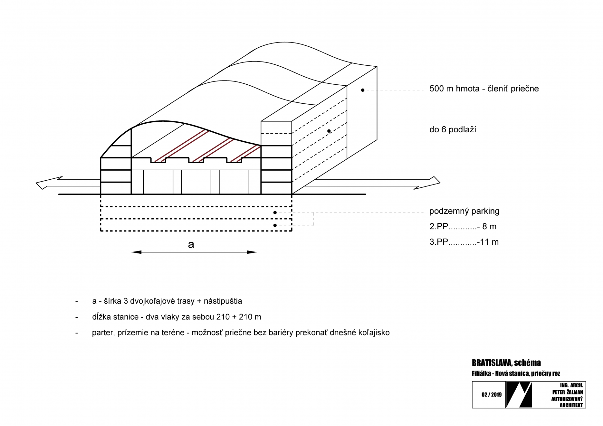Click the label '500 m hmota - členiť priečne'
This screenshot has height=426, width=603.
pos(484,89)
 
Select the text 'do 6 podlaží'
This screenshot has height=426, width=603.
pos(453,129)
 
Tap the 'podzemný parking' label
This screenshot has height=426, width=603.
pos(464,211)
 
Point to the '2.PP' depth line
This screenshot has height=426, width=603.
pos(463,226)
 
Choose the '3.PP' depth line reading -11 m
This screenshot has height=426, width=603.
pos(464,242)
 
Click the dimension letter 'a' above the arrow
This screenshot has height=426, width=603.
pos(191,244)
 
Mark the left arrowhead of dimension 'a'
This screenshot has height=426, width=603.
pos(137,252)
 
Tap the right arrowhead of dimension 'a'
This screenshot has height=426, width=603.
pos(252,252)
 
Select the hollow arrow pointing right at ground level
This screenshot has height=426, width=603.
pos(372,183)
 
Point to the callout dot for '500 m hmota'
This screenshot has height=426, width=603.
pos(363,90)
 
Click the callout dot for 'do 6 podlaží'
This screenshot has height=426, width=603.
pos(329,131)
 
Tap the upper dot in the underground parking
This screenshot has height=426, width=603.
pos(275,213)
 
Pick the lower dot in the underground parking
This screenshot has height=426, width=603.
pos(275,225)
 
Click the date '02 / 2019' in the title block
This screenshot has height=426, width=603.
pos(492,395)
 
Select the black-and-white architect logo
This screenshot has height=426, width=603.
pos(519,395)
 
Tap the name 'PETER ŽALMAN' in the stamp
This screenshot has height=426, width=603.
pos(568,392)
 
